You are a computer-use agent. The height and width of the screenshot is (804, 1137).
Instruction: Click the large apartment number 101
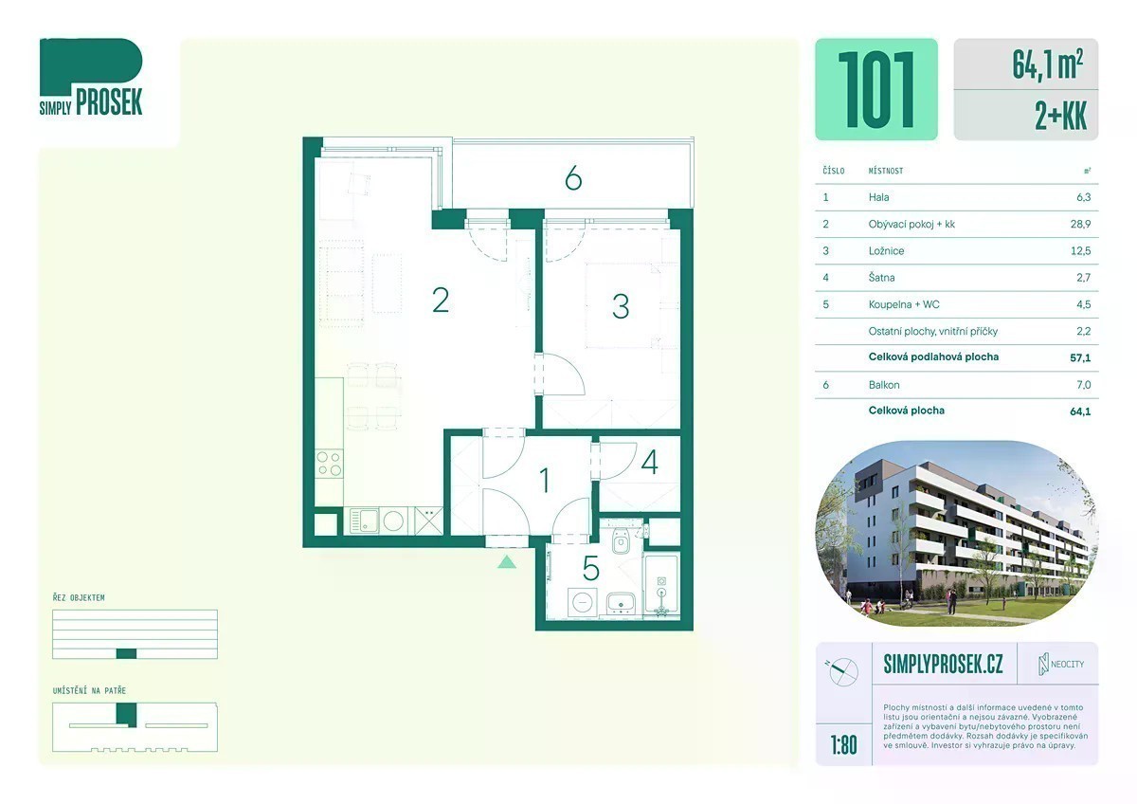(876, 89)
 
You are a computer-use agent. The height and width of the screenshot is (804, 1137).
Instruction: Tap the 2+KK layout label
(1061, 116)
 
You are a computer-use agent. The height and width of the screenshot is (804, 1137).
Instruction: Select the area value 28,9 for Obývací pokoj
(1081, 224)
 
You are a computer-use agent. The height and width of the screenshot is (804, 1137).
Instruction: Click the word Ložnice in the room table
(886, 251)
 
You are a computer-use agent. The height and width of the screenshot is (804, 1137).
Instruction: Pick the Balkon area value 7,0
(1083, 385)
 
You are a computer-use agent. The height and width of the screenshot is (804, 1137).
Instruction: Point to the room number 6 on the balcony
(573, 179)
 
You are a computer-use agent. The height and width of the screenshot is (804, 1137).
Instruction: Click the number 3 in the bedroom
(621, 306)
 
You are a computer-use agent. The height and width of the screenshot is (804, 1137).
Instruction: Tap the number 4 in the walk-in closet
(650, 463)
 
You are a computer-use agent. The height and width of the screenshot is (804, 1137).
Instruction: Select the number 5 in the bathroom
(591, 568)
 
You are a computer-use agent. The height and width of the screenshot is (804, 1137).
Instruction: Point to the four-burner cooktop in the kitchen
(329, 464)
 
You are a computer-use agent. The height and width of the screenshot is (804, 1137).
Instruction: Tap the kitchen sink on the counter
(364, 521)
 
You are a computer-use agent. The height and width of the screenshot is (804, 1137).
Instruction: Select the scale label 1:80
(843, 745)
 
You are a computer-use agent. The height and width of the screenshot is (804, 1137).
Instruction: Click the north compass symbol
(842, 671)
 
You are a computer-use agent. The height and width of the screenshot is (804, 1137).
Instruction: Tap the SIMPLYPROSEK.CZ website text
(943, 664)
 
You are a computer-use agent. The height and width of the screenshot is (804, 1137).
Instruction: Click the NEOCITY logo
(1061, 665)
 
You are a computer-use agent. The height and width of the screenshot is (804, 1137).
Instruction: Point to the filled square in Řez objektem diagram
(126, 653)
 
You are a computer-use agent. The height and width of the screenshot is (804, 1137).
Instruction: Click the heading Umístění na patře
(89, 691)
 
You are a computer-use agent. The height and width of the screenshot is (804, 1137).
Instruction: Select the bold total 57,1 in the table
(1080, 358)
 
